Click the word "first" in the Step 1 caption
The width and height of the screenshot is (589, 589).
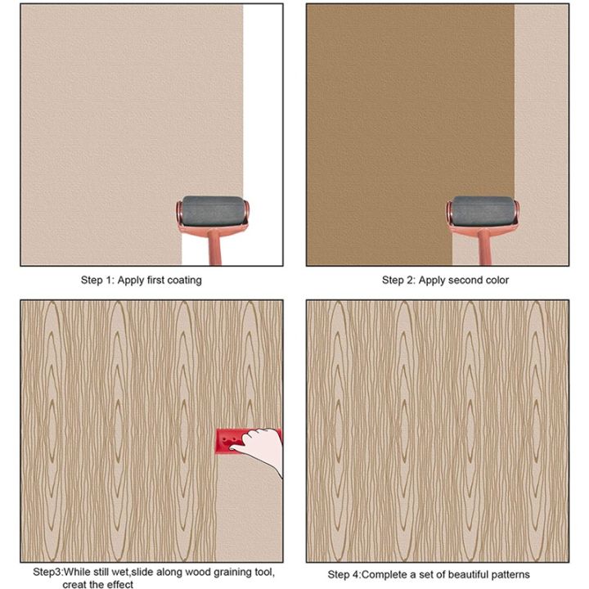[159, 280]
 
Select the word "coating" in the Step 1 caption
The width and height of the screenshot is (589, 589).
[187, 280]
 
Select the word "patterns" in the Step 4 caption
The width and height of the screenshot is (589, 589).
[510, 574]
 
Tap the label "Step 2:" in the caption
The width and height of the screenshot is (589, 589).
[398, 280]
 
